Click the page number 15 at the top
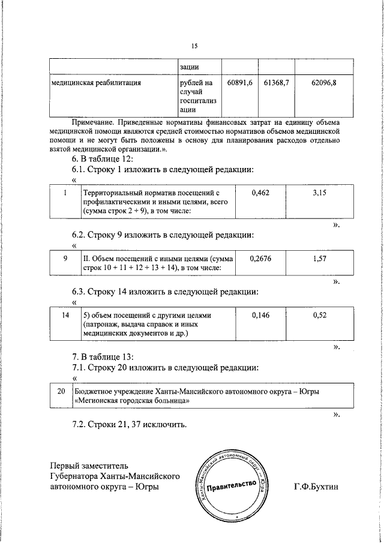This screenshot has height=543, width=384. [194, 46]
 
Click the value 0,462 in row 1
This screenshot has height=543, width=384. [260, 193]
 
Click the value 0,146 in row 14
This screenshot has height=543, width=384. [260, 314]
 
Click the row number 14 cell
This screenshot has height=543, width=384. [64, 314]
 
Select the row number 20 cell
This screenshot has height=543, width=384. [61, 391]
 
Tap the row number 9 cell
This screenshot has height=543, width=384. [64, 257]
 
